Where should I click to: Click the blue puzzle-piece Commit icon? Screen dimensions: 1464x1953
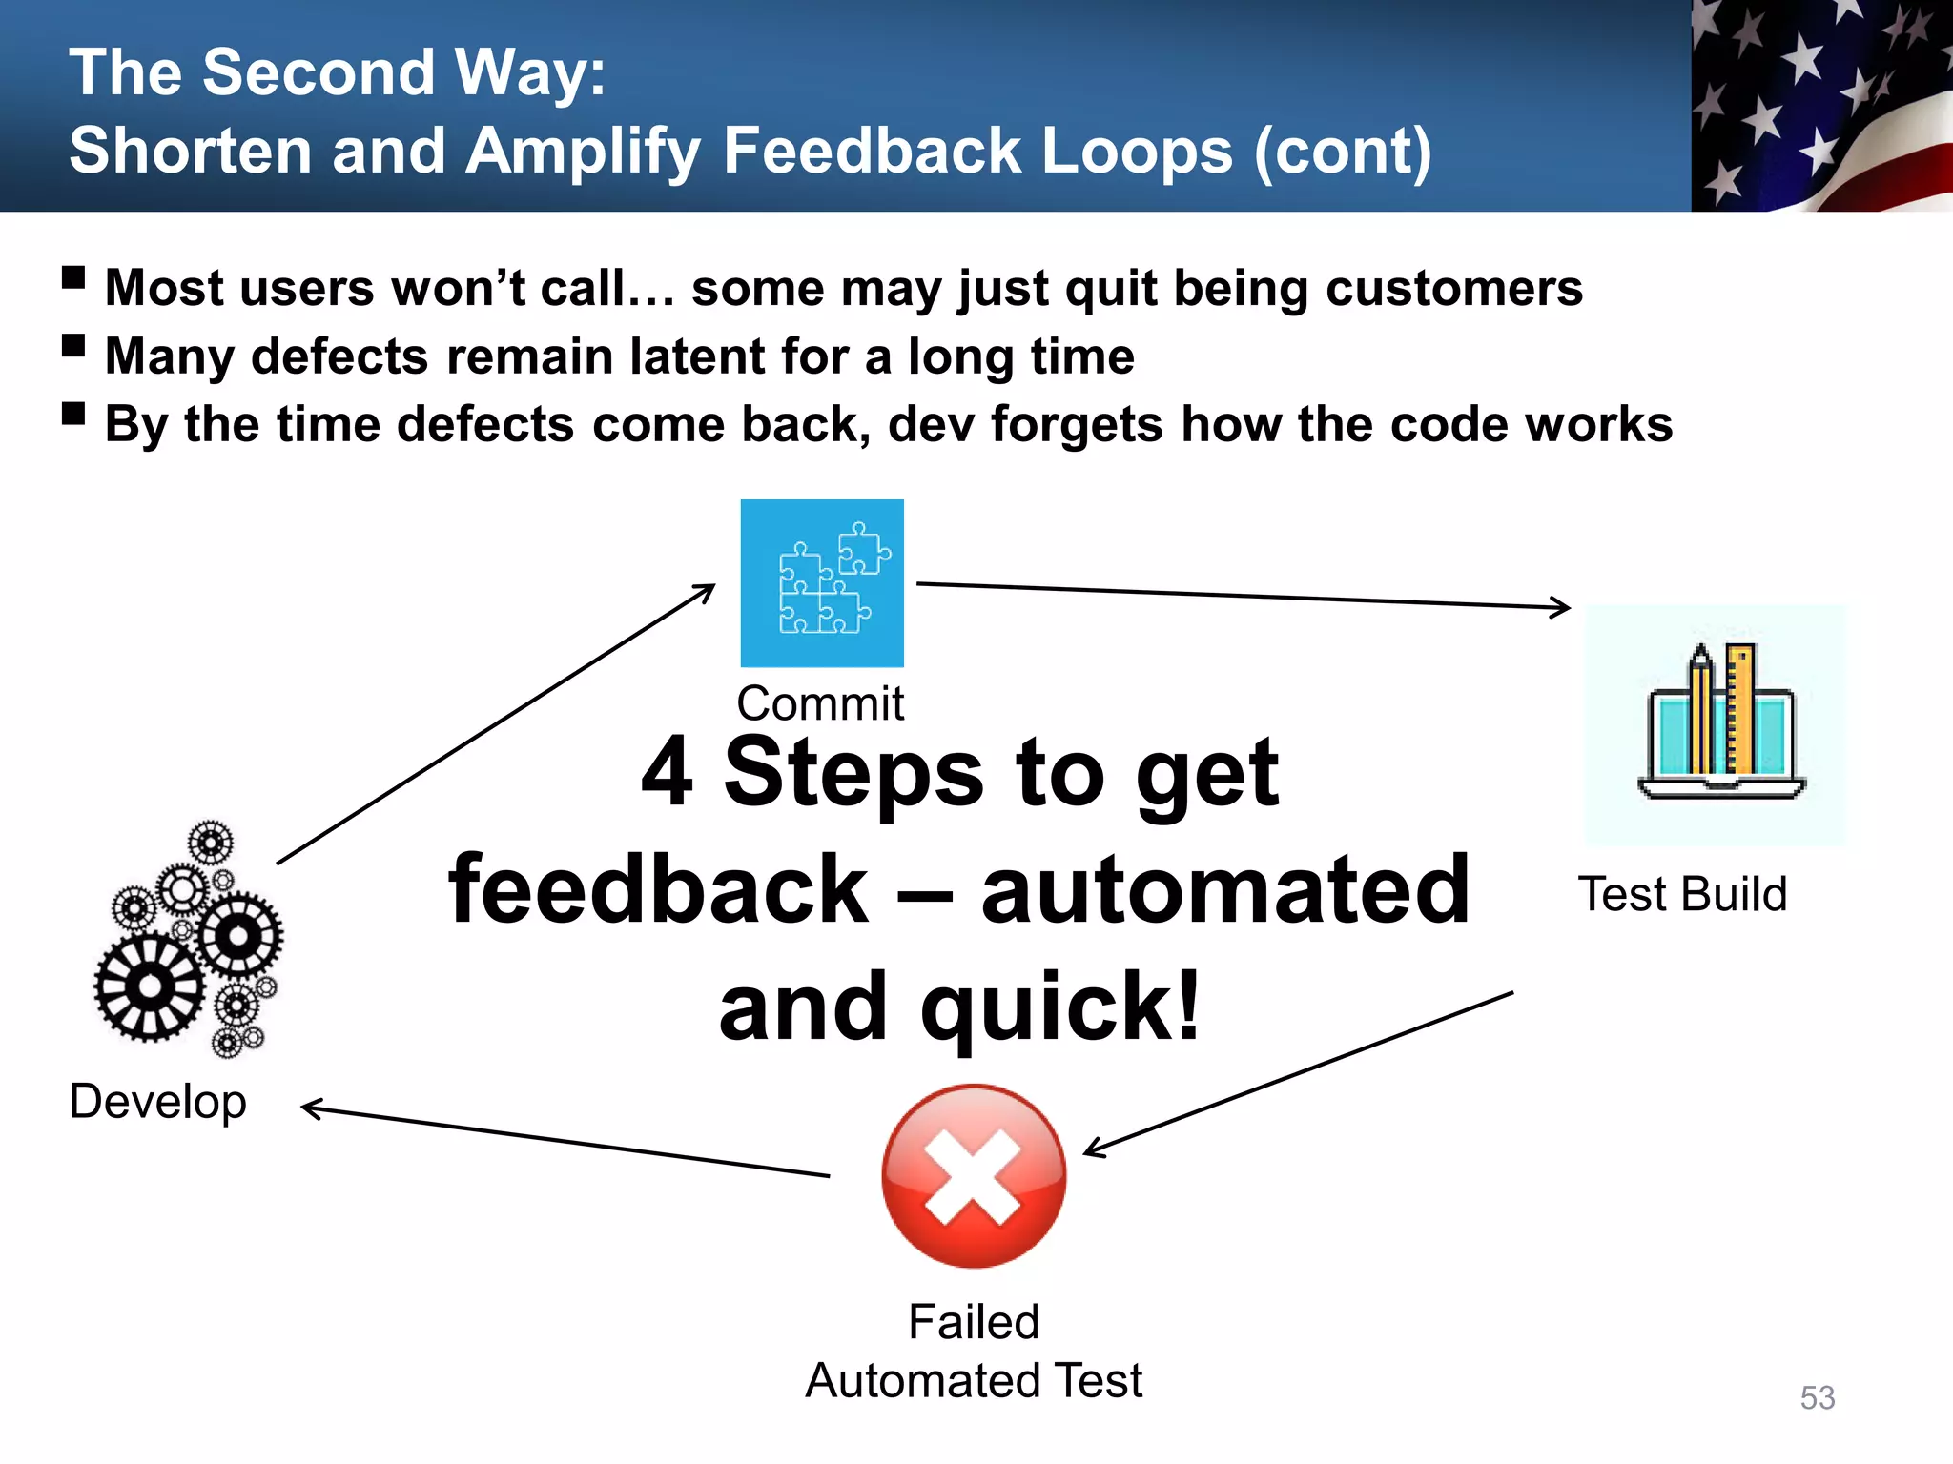(822, 583)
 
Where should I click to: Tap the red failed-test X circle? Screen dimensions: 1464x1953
(974, 1175)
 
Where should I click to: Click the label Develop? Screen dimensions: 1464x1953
(158, 1102)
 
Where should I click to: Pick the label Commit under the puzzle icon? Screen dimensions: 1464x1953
(820, 703)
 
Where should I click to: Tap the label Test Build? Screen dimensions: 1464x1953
(1682, 894)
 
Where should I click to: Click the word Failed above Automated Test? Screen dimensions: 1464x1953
(974, 1322)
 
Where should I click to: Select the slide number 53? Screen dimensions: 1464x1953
(1818, 1397)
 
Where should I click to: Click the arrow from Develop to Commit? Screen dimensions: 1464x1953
(496, 724)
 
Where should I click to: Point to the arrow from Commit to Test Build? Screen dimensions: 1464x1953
(1240, 596)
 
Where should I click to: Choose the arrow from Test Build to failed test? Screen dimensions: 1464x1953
(1297, 1072)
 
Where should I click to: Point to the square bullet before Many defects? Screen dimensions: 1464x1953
(73, 345)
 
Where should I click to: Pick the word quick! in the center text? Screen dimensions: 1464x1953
(1059, 1007)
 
